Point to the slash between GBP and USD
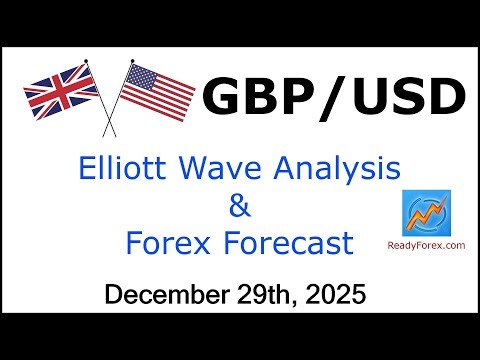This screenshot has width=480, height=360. (x=331, y=98)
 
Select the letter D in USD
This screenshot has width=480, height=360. (x=446, y=98)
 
